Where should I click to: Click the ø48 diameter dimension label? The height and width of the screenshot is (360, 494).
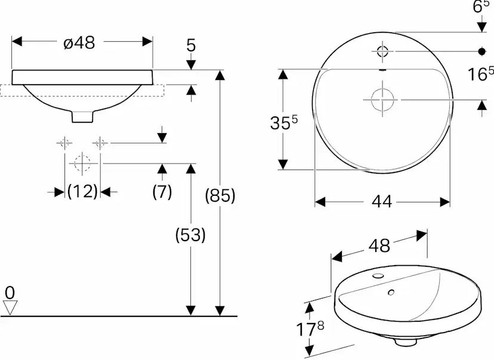click(x=79, y=42)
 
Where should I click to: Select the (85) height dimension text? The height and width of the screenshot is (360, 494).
click(x=220, y=195)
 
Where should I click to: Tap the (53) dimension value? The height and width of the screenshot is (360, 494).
click(x=190, y=235)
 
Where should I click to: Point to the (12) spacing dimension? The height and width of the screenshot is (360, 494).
click(x=82, y=192)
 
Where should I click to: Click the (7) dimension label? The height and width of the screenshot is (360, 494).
click(x=162, y=192)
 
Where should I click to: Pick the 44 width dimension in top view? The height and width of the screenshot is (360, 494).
click(x=382, y=202)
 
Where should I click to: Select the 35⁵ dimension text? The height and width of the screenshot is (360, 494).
click(x=283, y=122)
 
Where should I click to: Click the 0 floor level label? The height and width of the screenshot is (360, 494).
click(x=10, y=293)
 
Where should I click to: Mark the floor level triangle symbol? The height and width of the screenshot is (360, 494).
click(x=10, y=307)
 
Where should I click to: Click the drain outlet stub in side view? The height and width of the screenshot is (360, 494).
click(x=83, y=116)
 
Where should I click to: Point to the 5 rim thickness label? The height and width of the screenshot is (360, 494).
click(x=191, y=45)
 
